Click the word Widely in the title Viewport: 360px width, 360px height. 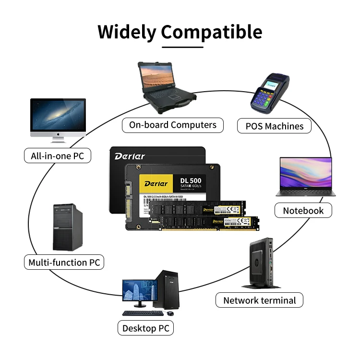click(x=127, y=32)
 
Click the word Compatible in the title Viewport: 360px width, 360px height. click(x=212, y=32)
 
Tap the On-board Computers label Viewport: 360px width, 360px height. click(x=173, y=125)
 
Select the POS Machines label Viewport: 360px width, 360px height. click(x=275, y=126)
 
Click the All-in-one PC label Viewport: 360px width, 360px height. click(x=58, y=156)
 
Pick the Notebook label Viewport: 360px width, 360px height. click(x=303, y=210)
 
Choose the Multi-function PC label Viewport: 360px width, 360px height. click(x=64, y=262)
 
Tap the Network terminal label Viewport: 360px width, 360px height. click(x=260, y=300)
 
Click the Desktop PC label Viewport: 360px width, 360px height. click(x=145, y=328)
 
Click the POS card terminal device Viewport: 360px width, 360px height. click(x=269, y=92)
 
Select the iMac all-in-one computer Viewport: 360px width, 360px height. click(x=58, y=120)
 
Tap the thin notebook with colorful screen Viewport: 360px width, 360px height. click(x=304, y=178)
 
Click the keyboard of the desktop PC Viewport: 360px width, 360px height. click(x=143, y=313)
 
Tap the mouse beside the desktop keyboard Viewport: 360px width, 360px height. click(x=169, y=313)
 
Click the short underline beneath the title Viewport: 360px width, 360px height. click(x=182, y=47)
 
